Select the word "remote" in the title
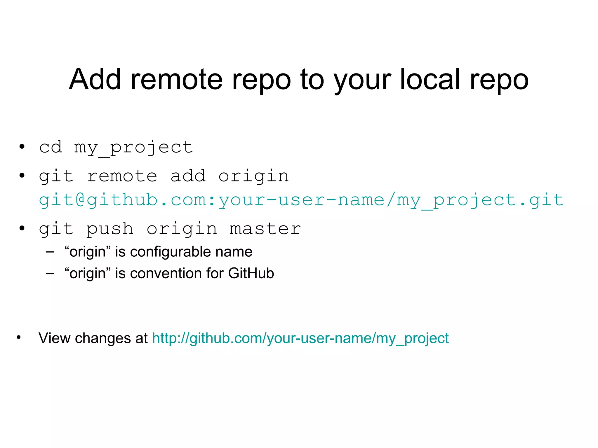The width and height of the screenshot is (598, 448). (176, 79)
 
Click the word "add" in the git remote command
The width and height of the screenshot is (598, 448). (188, 176)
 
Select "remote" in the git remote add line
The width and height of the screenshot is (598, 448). (122, 176)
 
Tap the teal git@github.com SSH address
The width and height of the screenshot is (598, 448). (301, 200)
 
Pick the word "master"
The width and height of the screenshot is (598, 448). (265, 229)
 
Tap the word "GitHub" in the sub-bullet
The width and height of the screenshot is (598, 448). (251, 273)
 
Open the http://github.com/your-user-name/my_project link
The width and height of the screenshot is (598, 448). (300, 338)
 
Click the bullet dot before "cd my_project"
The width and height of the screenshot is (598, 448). (22, 146)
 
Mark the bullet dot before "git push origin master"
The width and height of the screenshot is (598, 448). (22, 228)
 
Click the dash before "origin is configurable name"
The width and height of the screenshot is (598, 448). (50, 252)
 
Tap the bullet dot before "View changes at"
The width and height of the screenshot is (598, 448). (19, 337)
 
